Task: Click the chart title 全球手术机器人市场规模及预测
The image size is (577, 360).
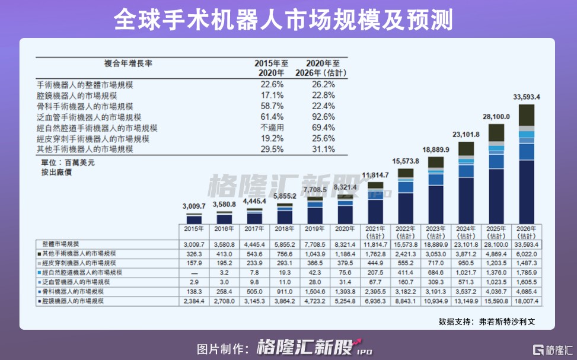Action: click(x=283, y=20)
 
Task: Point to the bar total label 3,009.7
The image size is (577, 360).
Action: click(x=194, y=206)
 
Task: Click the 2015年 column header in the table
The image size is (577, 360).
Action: click(x=194, y=228)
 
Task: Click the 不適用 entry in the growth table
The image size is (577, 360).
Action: click(x=272, y=128)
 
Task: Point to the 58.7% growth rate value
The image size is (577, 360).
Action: click(x=272, y=107)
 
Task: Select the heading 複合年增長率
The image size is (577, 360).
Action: click(x=125, y=63)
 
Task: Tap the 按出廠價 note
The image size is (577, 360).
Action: click(x=52, y=172)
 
